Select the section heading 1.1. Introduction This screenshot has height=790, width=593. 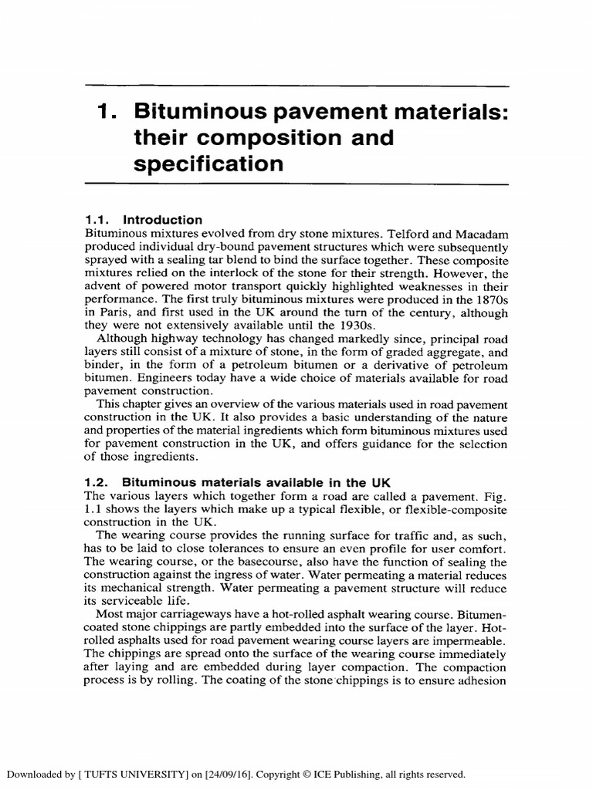tap(143, 220)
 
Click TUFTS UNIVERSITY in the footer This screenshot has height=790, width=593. tap(117, 773)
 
